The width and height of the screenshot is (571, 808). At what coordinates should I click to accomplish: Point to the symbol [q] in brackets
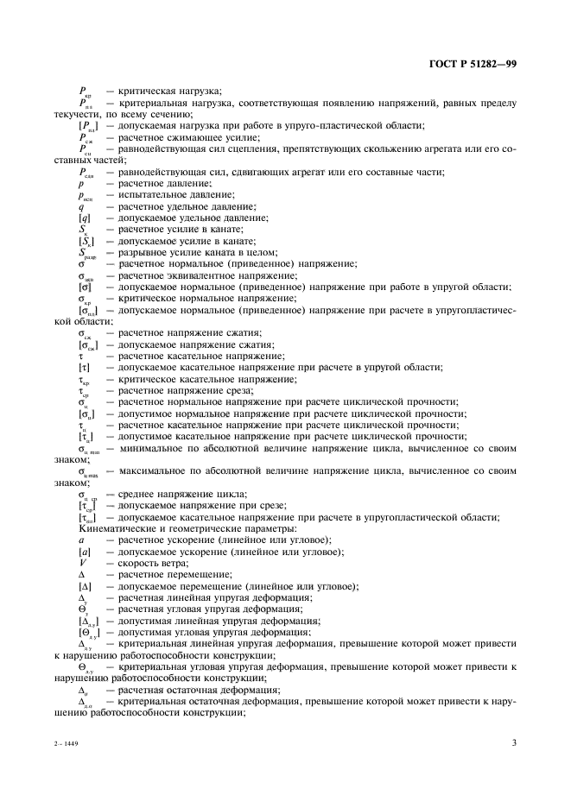pyautogui.click(x=84, y=219)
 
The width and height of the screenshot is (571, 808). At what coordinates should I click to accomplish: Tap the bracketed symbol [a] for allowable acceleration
pyautogui.click(x=85, y=551)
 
